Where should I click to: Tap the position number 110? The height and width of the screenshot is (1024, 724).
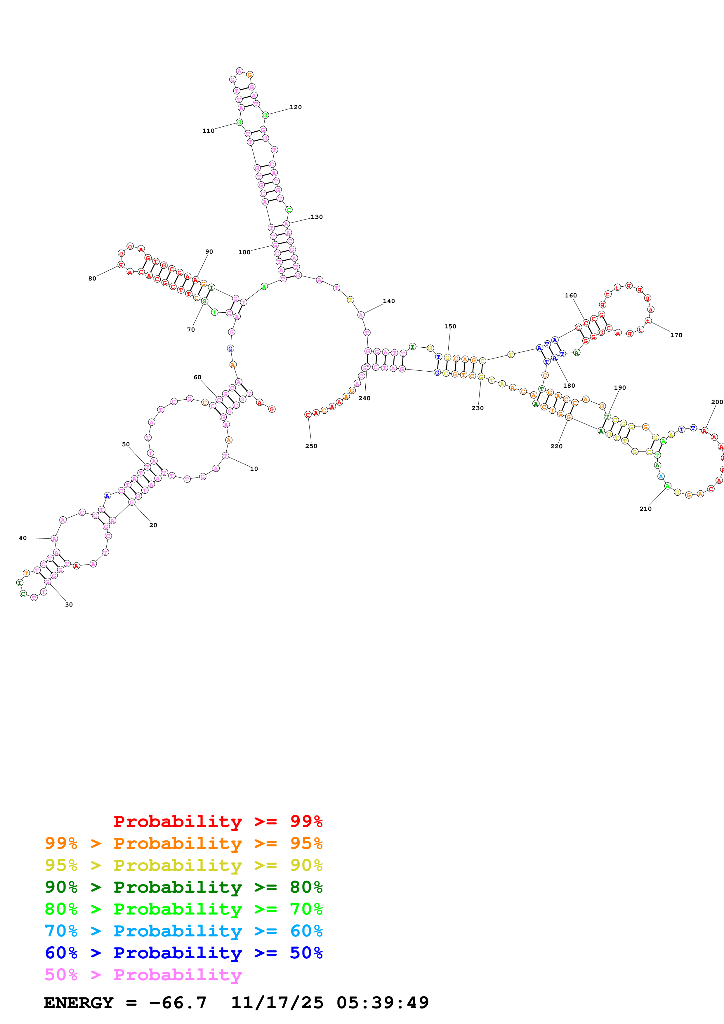pyautogui.click(x=208, y=131)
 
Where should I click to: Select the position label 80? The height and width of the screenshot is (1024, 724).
pyautogui.click(x=92, y=278)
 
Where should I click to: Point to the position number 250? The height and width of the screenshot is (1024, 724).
pyautogui.click(x=311, y=446)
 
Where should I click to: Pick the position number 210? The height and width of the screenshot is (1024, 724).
pyautogui.click(x=645, y=508)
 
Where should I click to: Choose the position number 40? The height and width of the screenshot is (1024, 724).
pyautogui.click(x=23, y=538)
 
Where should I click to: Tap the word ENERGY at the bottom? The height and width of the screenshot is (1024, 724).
pyautogui.click(x=79, y=1003)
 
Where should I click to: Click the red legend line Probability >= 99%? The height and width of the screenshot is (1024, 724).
pyautogui.click(x=218, y=821)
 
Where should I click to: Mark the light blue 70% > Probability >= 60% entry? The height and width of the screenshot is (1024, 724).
pyautogui.click(x=183, y=931)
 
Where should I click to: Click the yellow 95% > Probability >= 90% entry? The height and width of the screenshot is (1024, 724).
pyautogui.click(x=183, y=865)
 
